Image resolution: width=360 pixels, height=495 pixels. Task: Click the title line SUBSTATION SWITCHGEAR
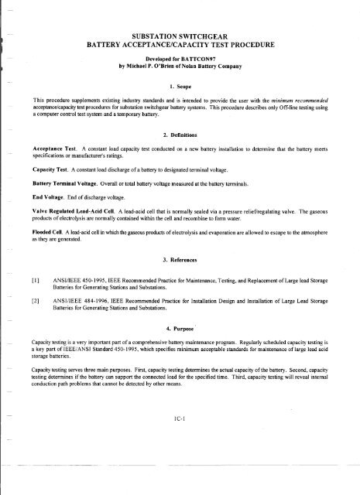click(x=183, y=35)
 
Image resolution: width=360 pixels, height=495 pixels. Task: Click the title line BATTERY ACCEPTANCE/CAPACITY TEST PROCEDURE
click(x=183, y=45)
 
